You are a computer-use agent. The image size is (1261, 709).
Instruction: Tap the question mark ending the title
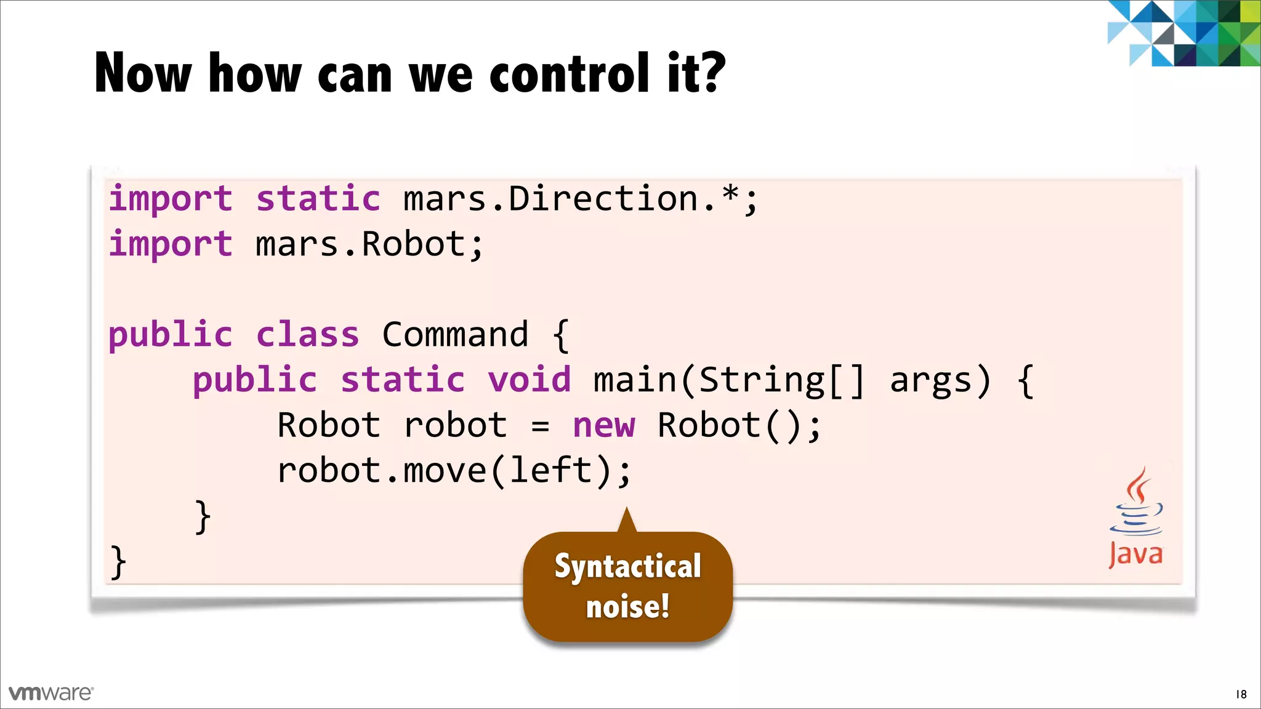pos(713,73)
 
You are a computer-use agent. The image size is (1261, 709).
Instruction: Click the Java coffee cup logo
pos(1136,502)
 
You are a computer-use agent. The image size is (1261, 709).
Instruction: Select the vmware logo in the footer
pos(51,693)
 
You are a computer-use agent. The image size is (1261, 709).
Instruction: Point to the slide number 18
pos(1241,694)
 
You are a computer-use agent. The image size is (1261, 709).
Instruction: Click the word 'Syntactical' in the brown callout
pos(627,566)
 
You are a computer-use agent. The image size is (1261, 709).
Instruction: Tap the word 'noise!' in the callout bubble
pos(627,607)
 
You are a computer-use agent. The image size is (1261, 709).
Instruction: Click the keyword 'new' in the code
pos(603,425)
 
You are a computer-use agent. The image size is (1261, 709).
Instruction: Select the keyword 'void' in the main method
pos(530,380)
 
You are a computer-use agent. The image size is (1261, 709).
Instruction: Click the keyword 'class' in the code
pos(307,335)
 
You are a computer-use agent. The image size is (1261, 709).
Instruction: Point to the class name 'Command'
pos(455,335)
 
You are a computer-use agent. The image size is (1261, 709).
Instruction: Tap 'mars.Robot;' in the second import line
pos(369,244)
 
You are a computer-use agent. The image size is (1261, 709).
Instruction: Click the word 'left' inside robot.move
pos(550,471)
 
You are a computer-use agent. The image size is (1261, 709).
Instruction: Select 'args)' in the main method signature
pos(940,380)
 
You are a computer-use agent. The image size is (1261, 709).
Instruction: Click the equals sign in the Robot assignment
pos(540,427)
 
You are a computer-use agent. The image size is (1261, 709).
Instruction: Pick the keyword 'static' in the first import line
pos(318,199)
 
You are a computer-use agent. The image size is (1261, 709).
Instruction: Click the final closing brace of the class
pos(118,562)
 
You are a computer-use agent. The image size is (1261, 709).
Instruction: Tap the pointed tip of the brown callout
pos(627,511)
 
